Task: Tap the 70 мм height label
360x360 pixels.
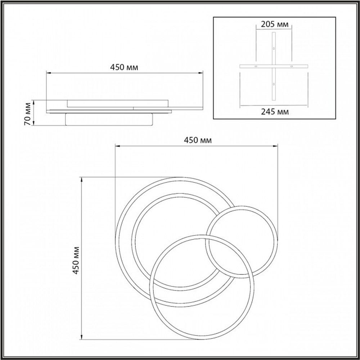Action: coord(26,113)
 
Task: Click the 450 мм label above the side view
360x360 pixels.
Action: coord(125,67)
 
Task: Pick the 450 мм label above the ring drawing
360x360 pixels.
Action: coord(197,140)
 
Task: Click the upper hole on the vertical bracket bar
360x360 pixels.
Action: coord(274,48)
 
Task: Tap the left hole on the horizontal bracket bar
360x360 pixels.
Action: coord(256,67)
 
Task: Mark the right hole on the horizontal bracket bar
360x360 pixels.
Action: coord(292,67)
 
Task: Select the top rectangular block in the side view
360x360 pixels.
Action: coord(117,103)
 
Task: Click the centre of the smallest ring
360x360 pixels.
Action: coord(241,242)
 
